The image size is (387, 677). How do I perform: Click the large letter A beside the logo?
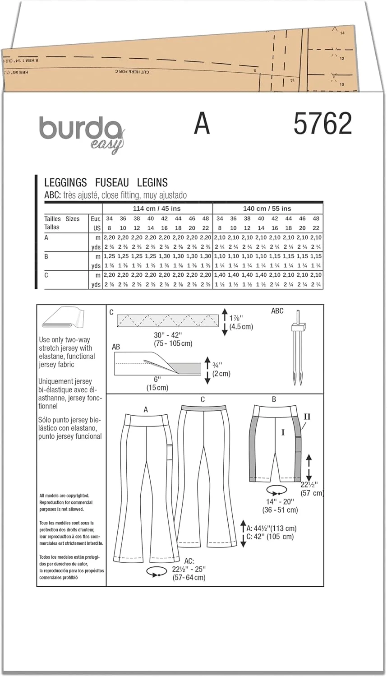[202, 124]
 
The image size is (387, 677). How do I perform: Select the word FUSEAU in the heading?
[112, 183]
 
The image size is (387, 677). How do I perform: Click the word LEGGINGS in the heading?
[65, 183]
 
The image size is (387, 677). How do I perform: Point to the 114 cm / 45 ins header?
[157, 209]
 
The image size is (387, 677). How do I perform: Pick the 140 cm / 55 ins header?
[267, 209]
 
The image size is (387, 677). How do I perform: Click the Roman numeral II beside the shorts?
[307, 417]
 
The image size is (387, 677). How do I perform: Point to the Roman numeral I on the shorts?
[283, 432]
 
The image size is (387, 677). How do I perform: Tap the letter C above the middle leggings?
[203, 399]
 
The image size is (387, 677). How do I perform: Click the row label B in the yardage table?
[46, 256]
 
